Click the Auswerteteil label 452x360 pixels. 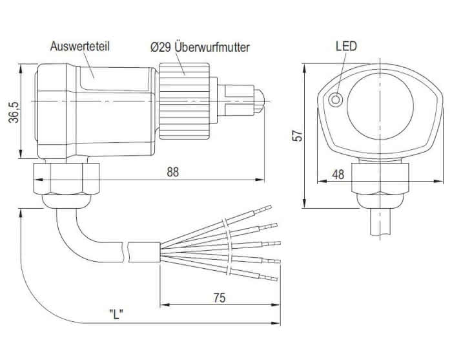coord(79,47)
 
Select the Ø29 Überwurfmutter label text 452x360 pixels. coord(200,47)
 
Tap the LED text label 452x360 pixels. coord(346,46)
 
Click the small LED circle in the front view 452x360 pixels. coord(336,100)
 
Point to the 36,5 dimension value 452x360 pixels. coord(14,112)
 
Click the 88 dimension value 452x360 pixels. coord(172,172)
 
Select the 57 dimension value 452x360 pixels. coord(298,136)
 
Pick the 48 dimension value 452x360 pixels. coord(338,175)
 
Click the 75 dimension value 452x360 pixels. coord(220,298)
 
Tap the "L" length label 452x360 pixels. coord(116,314)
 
